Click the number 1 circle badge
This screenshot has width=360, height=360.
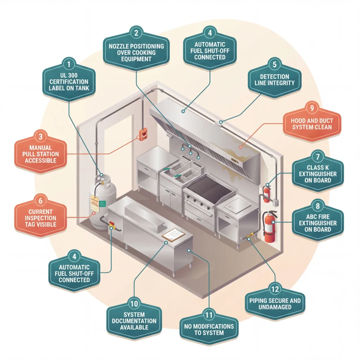(x=69, y=64)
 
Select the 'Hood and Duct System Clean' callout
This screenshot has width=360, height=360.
(x=312, y=123)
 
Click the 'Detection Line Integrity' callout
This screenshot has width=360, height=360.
(x=275, y=80)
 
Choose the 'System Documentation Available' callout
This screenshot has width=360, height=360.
(x=134, y=321)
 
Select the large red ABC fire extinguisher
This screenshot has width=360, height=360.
(x=270, y=227)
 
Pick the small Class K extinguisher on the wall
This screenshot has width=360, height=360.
(x=267, y=192)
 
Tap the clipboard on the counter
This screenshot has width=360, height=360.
(x=173, y=234)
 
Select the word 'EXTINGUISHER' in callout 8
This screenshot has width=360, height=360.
(x=318, y=223)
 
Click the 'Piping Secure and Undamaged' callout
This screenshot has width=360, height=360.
(x=275, y=304)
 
